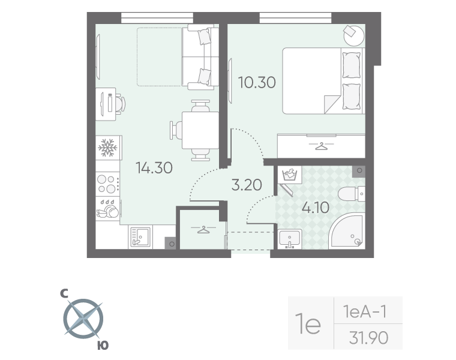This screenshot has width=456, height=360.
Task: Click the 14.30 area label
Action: coord(154,168)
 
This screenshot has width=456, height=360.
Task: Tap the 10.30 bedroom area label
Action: coord(257,83)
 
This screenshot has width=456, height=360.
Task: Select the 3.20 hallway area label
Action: coord(247,184)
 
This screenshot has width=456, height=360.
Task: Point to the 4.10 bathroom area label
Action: coord(315,208)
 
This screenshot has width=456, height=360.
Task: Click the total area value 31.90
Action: coord(368,338)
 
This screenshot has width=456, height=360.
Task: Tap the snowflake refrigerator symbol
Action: coord(107,147)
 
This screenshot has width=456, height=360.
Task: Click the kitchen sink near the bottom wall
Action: coord(140,238)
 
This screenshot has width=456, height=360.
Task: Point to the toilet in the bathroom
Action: coord(350,194)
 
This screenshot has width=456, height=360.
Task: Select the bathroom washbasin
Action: coord(290,239)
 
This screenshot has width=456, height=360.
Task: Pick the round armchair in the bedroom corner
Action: coord(353,34)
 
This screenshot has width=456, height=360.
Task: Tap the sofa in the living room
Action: coord(200,56)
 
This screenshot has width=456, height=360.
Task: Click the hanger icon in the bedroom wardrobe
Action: coord(322,146)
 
